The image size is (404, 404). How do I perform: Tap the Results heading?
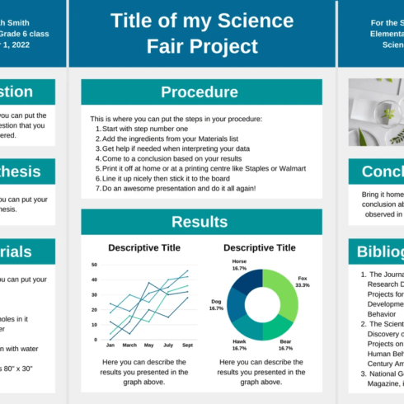tap(199, 221)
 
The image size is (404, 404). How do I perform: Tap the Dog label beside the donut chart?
tap(216, 302)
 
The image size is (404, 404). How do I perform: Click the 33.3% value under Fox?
tap(303, 284)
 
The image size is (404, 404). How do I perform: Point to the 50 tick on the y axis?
tap(95, 265)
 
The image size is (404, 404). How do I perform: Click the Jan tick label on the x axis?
tap(110, 345)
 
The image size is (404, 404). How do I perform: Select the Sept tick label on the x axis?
tap(187, 345)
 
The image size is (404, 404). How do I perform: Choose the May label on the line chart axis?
tap(148, 345)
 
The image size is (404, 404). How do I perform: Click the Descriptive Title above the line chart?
tap(144, 247)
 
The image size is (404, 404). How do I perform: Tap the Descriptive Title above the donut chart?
tap(260, 247)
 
